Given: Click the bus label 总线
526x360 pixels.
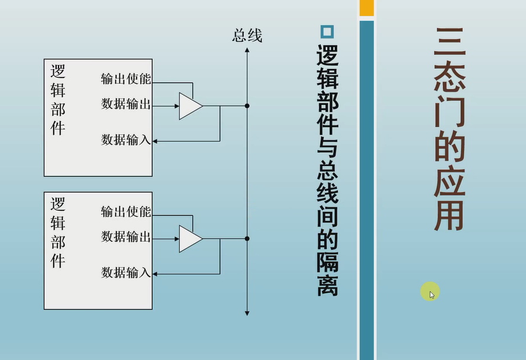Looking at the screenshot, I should coord(247,36).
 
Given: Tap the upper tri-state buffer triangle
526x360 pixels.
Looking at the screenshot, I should coord(190,106).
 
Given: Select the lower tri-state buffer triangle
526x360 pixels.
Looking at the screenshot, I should coord(190,239).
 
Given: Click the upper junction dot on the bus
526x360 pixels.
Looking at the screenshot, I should coord(247,106).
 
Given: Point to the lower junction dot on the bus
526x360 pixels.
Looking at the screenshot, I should coord(247,239).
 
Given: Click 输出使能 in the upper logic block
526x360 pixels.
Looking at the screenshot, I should coord(126,79).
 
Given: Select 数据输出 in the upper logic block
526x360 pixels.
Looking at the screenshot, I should coord(126,104).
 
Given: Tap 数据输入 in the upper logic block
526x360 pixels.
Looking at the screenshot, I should coord(126,140).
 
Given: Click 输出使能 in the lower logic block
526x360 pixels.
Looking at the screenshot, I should coord(126,211).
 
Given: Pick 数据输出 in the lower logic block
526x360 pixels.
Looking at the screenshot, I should coord(126,237).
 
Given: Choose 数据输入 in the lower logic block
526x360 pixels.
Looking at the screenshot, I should coord(126,272).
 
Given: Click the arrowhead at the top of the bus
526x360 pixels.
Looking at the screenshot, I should coord(247,51).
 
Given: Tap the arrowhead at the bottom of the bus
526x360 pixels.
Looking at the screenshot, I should coord(247,312).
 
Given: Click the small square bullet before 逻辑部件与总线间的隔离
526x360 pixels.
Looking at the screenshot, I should coord(327,32).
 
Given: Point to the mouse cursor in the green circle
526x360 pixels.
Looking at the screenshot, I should coord(431,294).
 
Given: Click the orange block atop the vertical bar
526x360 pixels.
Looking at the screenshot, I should coord(367,8).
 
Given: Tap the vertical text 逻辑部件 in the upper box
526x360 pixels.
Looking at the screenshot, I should coord(58,99).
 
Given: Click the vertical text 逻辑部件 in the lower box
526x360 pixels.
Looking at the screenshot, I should coord(58,232).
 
